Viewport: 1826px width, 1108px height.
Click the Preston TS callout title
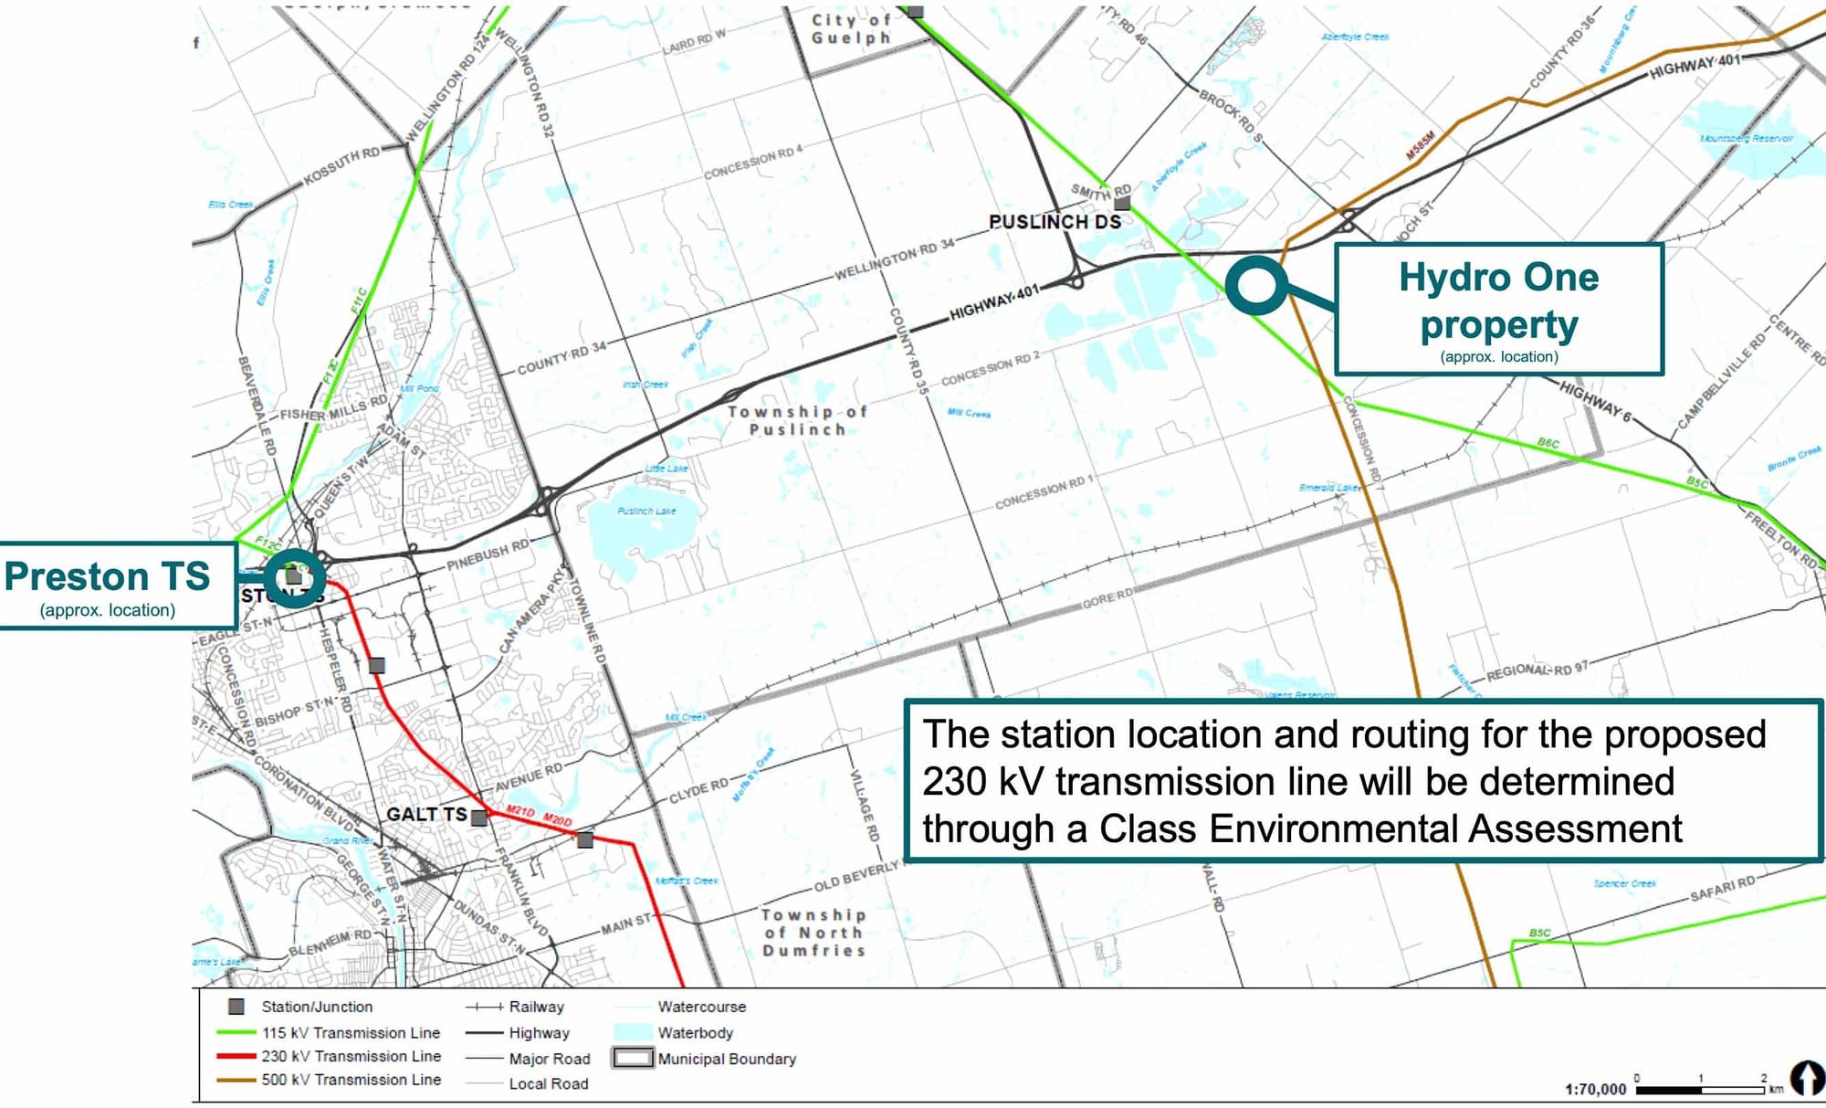[x=107, y=576]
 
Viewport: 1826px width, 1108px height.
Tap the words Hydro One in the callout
[x=1498, y=278]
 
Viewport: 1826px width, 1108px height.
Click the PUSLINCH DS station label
[x=1055, y=222]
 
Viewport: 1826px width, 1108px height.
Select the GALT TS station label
[x=426, y=814]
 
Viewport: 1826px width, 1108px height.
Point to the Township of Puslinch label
[x=797, y=420]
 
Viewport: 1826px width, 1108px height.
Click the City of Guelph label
[x=851, y=28]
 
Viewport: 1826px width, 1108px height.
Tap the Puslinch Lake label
[x=646, y=511]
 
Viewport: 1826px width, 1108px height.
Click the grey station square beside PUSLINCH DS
[x=1123, y=203]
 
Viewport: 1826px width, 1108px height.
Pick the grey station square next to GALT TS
[x=479, y=818]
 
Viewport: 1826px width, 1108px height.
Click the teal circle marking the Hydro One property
[x=1256, y=285]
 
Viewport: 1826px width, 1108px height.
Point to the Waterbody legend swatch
[x=633, y=1032]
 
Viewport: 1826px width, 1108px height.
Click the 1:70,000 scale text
[x=1595, y=1089]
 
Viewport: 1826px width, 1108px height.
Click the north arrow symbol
[x=1805, y=1078]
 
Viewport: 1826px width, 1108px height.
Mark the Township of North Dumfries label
[x=813, y=933]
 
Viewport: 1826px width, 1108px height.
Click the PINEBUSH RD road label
[x=488, y=555]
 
